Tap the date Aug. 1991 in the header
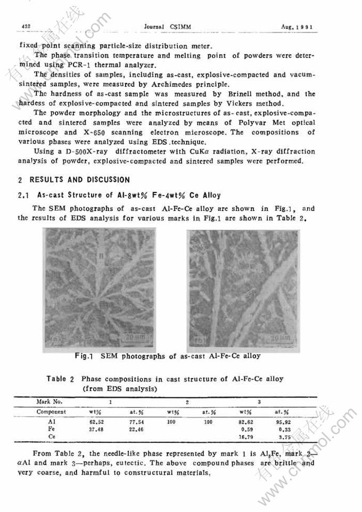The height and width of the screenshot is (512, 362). (x=297, y=26)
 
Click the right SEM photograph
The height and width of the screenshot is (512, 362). (x=244, y=288)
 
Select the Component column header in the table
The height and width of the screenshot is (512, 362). (x=51, y=412)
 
